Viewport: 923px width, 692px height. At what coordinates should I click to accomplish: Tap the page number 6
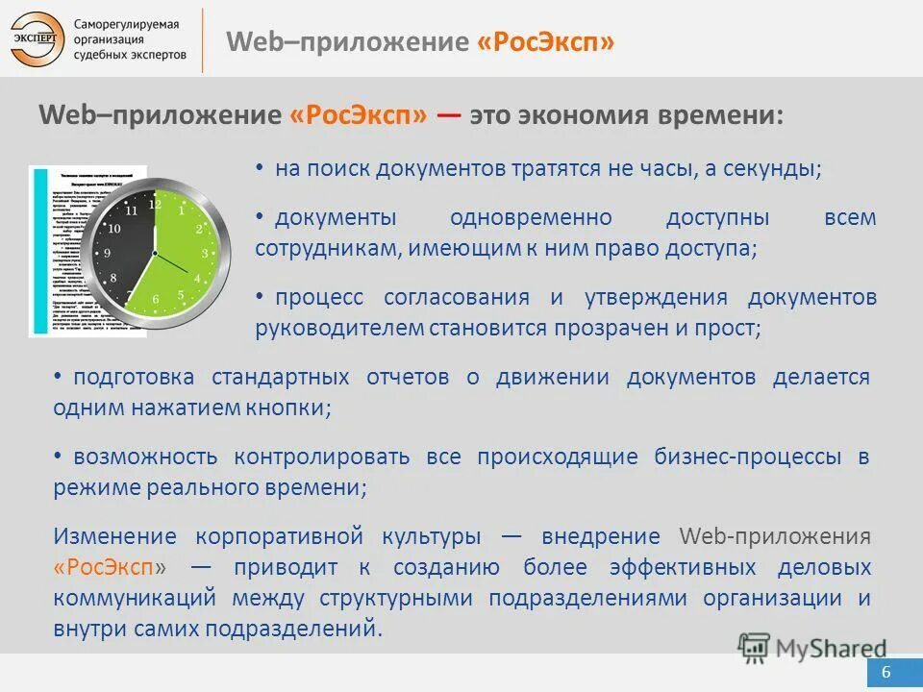coord(885,672)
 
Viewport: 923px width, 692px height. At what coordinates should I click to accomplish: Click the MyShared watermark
coord(813,648)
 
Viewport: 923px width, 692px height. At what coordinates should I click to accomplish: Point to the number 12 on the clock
coord(154,202)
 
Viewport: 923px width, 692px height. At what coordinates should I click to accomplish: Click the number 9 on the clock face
coord(107,253)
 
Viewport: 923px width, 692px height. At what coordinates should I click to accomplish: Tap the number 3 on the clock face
coord(204,253)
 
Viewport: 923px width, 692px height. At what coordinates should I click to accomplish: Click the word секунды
coord(781,168)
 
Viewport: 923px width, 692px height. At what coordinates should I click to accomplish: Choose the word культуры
coord(435,535)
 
